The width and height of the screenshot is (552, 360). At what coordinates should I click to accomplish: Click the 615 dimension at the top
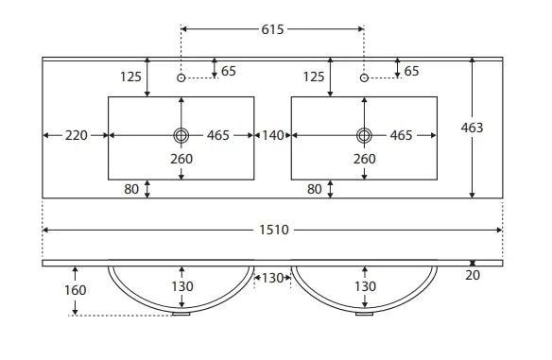coord(272,29)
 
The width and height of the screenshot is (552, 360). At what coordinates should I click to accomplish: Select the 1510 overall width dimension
coord(274,231)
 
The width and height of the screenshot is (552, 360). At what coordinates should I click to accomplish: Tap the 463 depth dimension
coord(472,128)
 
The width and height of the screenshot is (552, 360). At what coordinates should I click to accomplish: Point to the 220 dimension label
coord(76,135)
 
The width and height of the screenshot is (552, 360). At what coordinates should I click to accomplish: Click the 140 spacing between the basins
coord(273,135)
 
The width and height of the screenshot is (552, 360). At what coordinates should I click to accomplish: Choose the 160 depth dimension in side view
coord(76,290)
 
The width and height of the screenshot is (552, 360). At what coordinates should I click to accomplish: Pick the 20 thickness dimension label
coord(473,275)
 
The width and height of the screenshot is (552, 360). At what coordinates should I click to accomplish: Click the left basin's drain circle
coord(181,135)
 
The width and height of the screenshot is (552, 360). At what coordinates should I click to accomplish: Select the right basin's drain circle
coord(364,135)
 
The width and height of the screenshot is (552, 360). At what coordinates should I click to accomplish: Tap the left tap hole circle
coord(181,77)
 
